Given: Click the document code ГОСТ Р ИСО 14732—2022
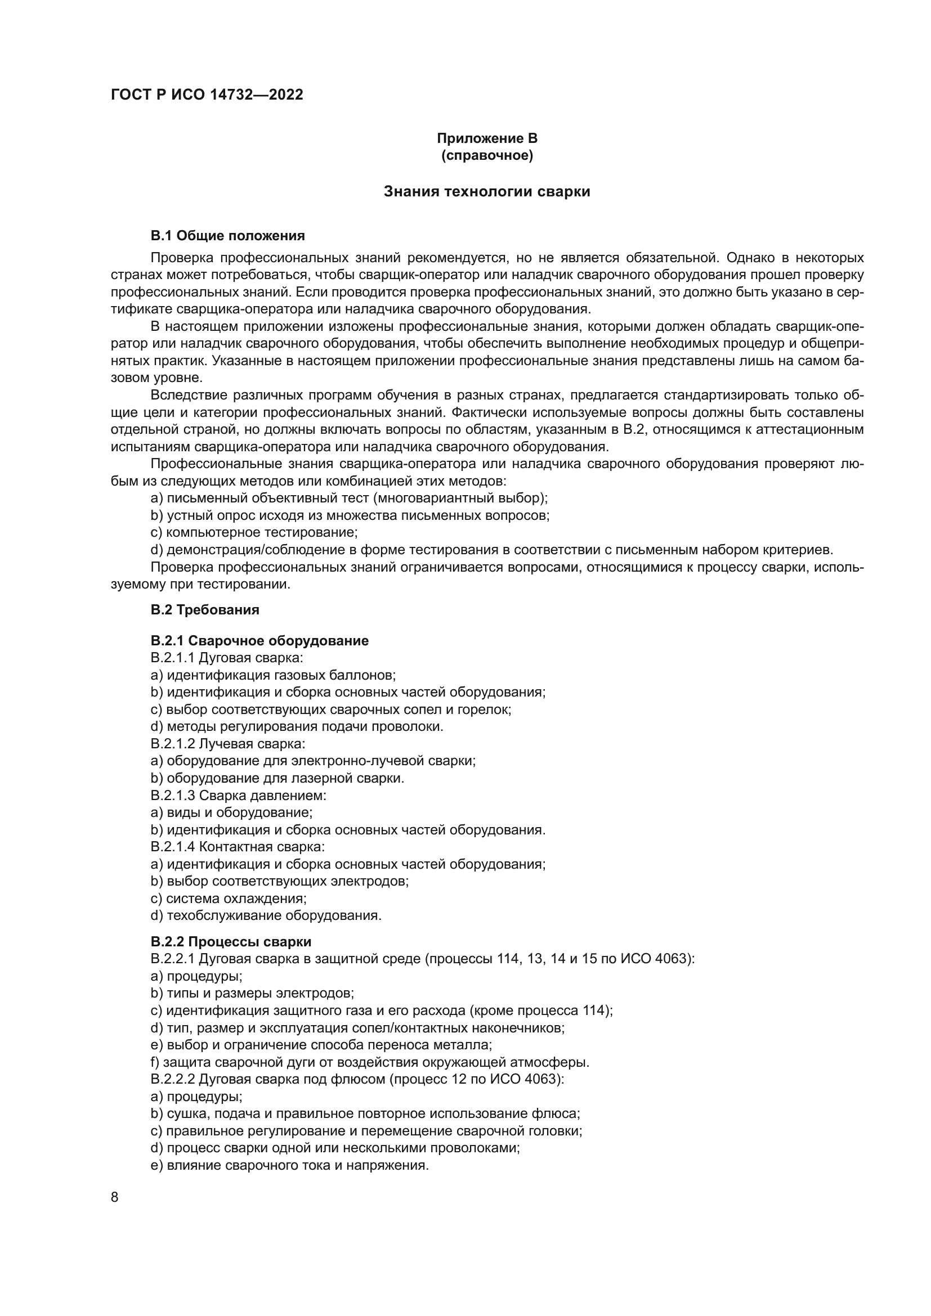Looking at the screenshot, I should [207, 95].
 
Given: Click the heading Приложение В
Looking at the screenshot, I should [487, 138].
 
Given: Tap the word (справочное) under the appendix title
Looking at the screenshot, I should [487, 155].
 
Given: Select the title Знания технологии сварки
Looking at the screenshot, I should [487, 191].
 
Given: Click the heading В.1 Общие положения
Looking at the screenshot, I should [227, 236].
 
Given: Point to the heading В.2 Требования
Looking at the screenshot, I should [205, 610].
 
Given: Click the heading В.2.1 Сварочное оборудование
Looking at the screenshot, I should [259, 641].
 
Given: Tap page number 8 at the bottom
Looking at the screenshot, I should [115, 1198].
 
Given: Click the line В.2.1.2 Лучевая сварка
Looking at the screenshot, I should [227, 744].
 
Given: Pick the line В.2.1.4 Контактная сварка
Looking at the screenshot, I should [238, 847].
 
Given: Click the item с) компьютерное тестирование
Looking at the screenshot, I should [254, 532].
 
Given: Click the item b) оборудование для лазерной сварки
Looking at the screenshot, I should [277, 778].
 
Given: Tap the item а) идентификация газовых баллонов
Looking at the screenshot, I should [273, 675].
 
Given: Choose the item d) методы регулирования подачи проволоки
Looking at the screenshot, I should [297, 727].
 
